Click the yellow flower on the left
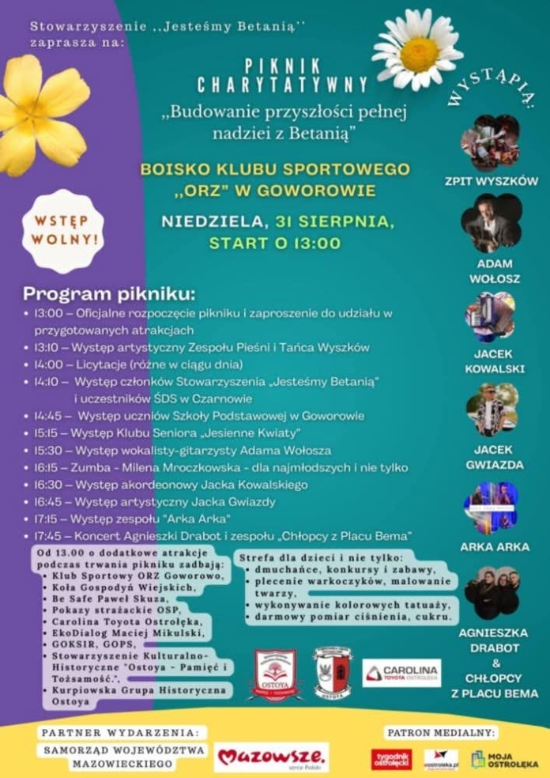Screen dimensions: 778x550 point(40,115)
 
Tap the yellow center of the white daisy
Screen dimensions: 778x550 point(419,54)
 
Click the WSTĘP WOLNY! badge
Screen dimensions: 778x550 point(62,230)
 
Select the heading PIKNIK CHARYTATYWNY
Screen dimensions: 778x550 point(282,75)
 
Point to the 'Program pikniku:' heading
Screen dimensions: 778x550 point(108,294)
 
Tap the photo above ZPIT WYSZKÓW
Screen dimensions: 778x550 point(490,143)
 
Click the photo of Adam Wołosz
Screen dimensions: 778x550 point(491,222)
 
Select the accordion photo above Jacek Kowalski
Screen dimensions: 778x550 point(490,316)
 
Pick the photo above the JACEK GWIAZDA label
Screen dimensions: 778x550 point(491,410)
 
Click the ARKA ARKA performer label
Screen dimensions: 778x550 point(495,546)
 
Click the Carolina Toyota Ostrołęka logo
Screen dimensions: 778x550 point(402,673)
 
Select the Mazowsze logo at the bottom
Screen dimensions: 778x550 point(271,757)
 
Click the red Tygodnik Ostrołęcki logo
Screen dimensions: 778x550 point(391,759)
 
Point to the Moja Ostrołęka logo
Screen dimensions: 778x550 point(504,760)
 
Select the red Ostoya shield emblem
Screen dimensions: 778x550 point(275,674)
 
